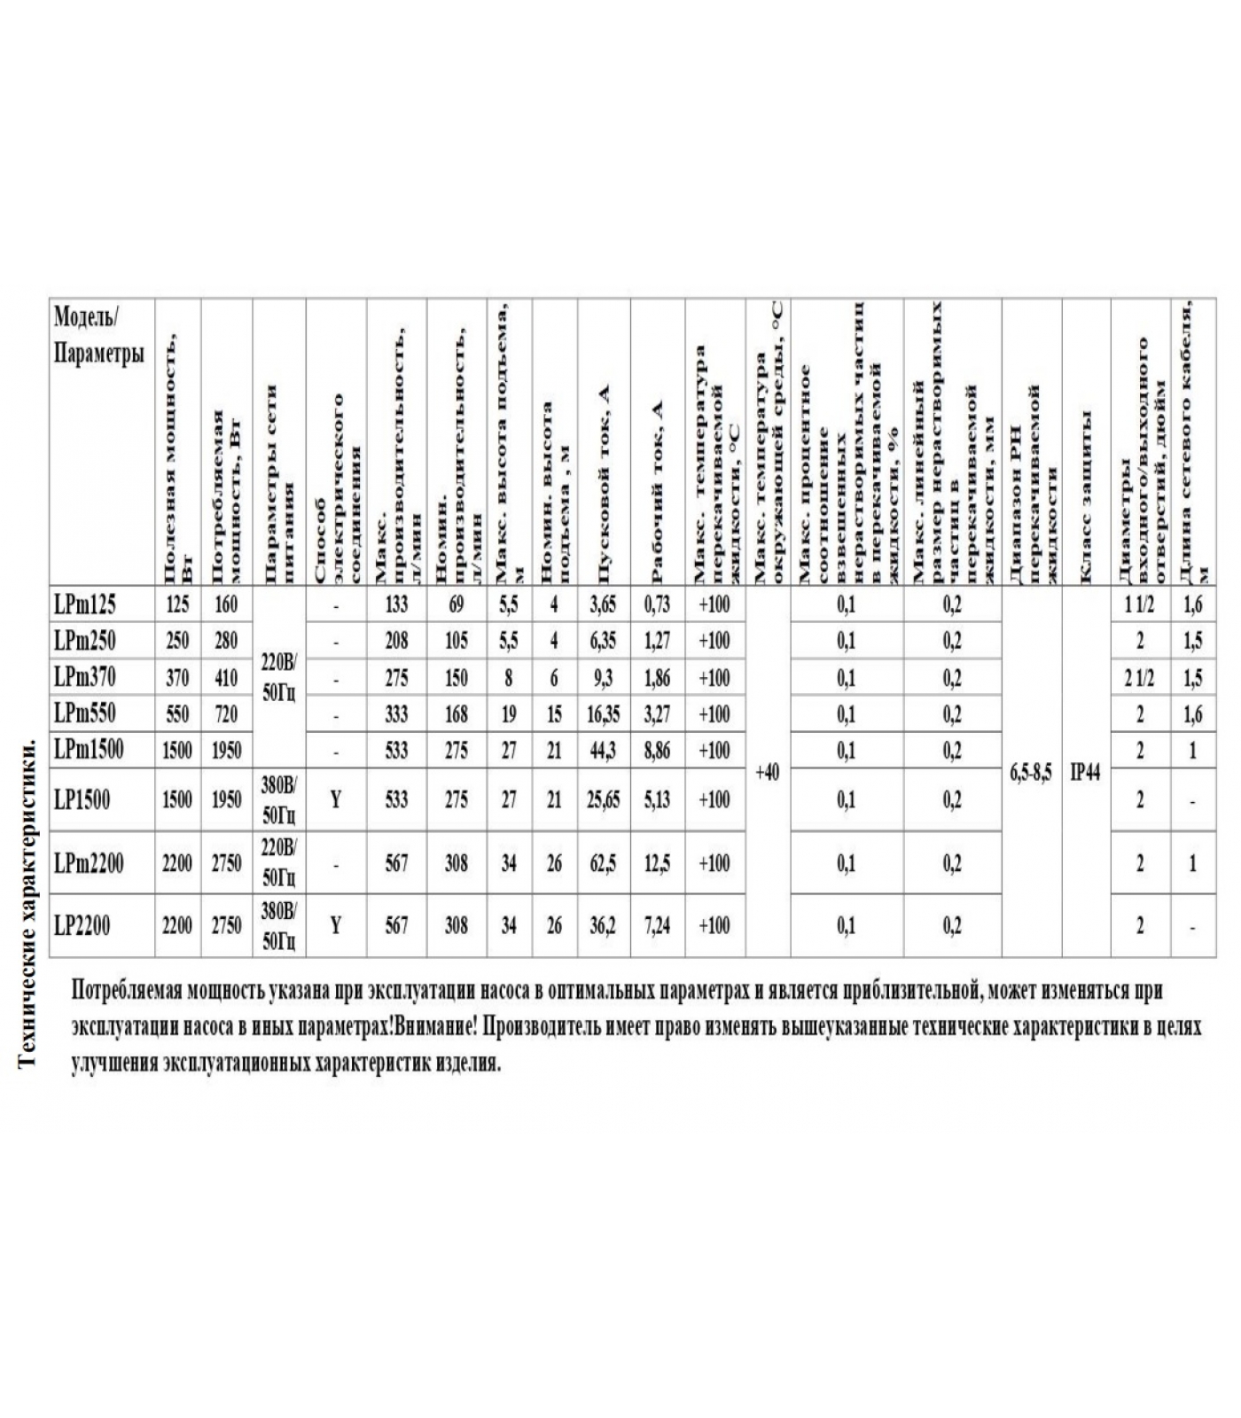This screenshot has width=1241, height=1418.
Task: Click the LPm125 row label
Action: pyautogui.click(x=85, y=605)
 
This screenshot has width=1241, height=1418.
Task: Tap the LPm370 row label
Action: pyautogui.click(x=85, y=678)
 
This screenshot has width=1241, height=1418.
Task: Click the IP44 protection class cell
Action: pyautogui.click(x=1086, y=773)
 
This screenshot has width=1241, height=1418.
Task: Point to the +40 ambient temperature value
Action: pyautogui.click(x=768, y=773)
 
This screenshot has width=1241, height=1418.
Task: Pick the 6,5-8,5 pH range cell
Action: pyautogui.click(x=1032, y=773)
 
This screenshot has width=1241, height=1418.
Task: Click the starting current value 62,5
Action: pyautogui.click(x=603, y=863)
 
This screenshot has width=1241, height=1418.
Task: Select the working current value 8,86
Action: pyautogui.click(x=657, y=752)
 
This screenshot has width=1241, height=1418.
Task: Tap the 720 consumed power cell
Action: pyautogui.click(x=227, y=714)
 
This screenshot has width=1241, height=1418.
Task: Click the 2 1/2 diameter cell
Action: pyautogui.click(x=1140, y=678)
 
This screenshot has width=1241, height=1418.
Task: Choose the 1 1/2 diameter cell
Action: pyautogui.click(x=1140, y=605)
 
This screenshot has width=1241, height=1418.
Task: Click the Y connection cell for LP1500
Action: pyautogui.click(x=336, y=800)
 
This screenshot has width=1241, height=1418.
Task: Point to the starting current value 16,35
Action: pyautogui.click(x=603, y=714)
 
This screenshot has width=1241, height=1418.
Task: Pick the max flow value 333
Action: pyautogui.click(x=396, y=714)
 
